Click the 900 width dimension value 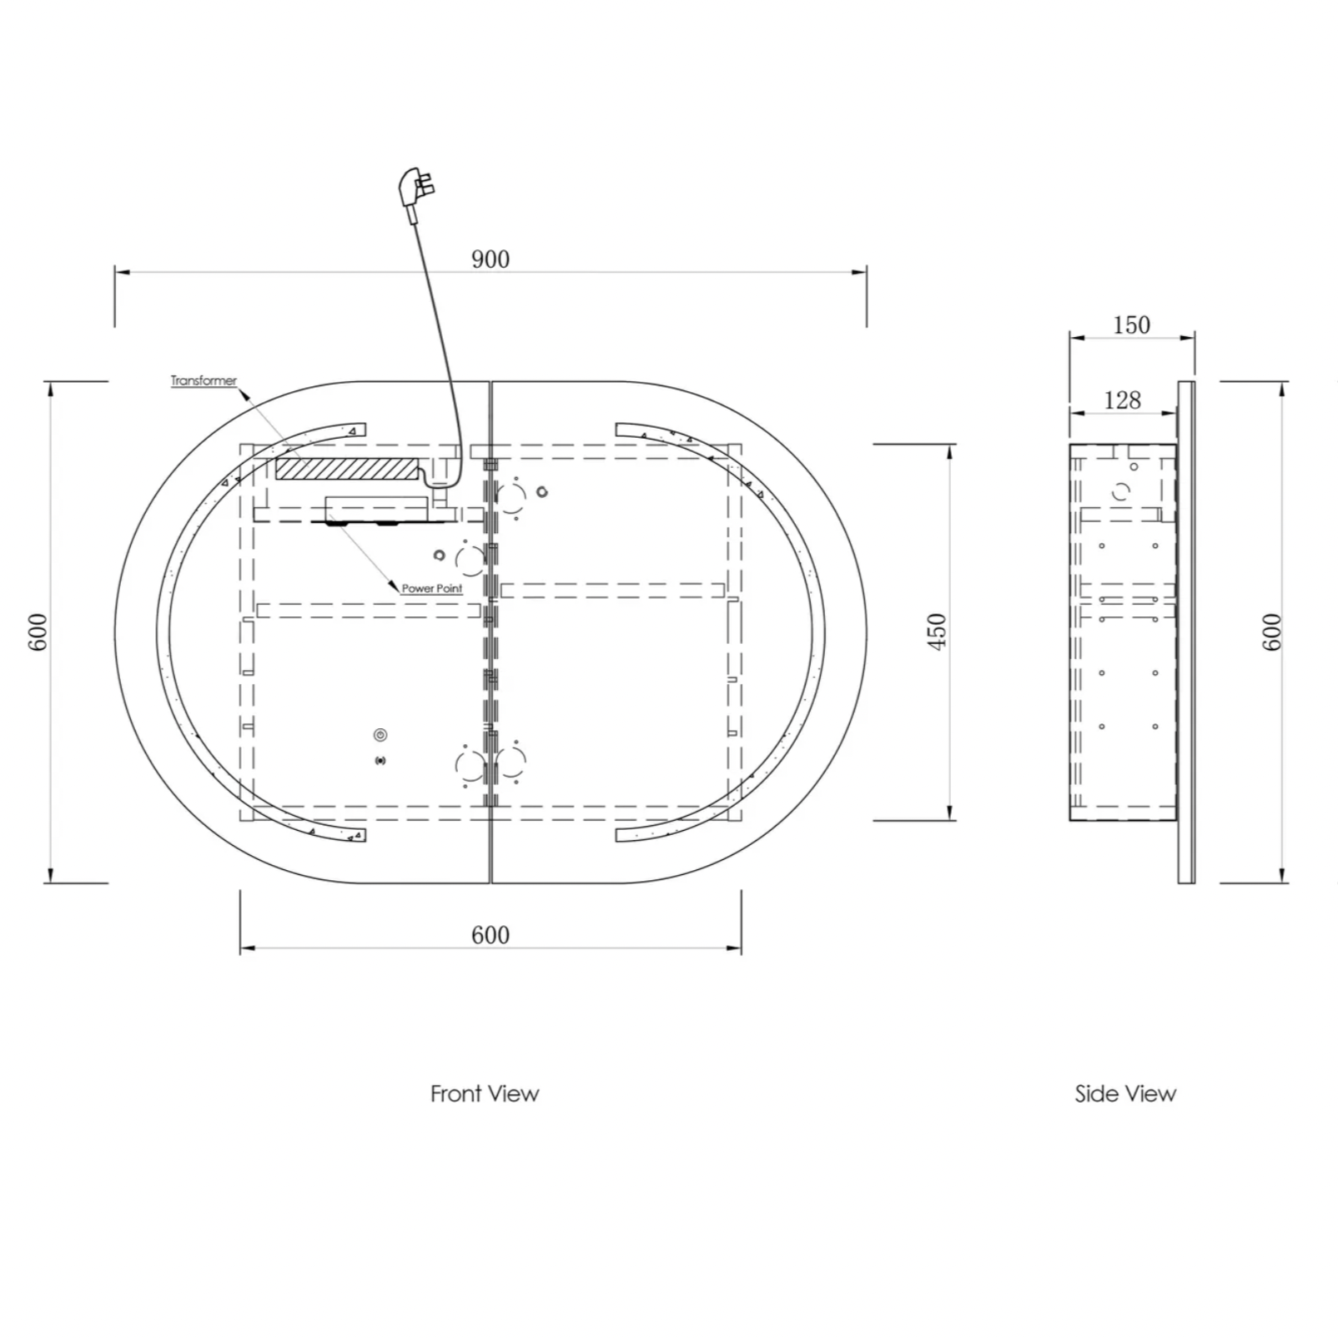point(490,259)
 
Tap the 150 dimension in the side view point(1131,324)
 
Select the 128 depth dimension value point(1122,400)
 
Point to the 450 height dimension point(938,631)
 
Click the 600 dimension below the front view point(490,934)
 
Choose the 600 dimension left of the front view point(38,632)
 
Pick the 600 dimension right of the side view point(1271,632)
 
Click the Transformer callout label point(204,380)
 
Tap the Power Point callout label point(432,588)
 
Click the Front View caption point(485,1094)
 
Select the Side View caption point(1125,1094)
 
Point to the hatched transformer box point(347,468)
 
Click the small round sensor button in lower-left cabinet point(381,735)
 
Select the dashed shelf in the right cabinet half point(612,590)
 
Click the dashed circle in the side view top point(1120,491)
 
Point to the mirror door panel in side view point(1186,631)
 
